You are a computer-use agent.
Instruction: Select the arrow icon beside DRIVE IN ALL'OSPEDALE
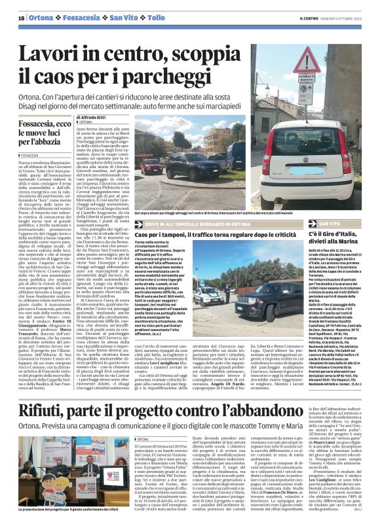pos(138,223)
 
